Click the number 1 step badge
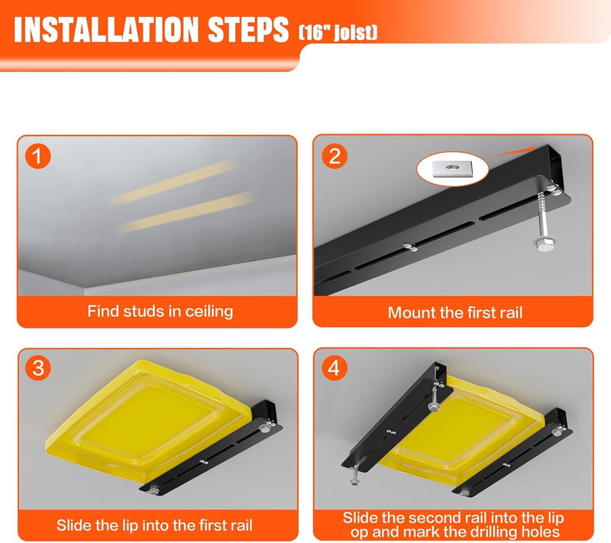[37, 157]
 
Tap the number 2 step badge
[335, 157]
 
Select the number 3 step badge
[37, 367]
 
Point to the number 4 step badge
[334, 367]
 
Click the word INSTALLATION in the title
[106, 30]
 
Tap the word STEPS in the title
[247, 30]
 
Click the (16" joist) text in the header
[338, 33]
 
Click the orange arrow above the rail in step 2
[514, 151]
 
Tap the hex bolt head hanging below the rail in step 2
[541, 245]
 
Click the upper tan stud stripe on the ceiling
[173, 183]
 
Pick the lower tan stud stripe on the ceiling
[187, 212]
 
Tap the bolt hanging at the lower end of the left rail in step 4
[354, 474]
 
